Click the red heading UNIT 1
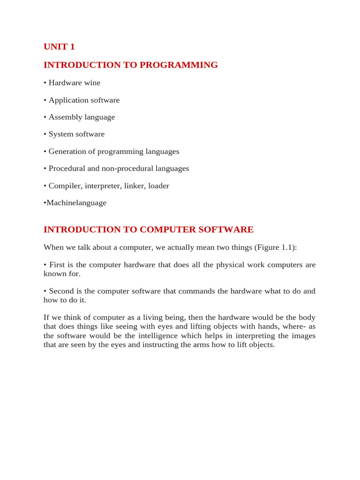click(59, 47)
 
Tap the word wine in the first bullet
click(92, 83)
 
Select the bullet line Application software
click(82, 100)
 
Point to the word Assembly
click(66, 117)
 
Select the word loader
click(158, 186)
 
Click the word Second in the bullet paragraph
click(61, 291)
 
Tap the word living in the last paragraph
click(143, 318)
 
